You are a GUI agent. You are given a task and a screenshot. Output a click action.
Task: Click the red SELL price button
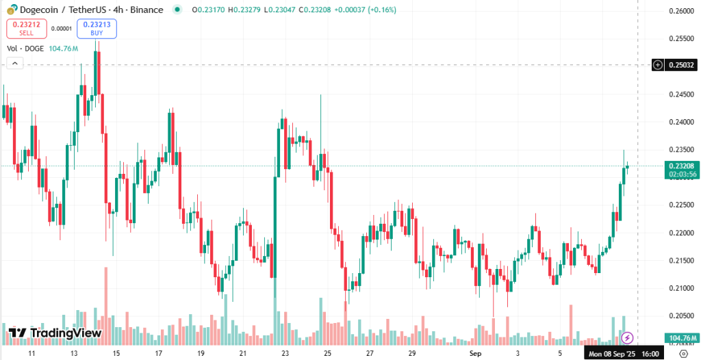tap(26, 28)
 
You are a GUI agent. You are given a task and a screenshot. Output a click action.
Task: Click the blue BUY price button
tap(97, 28)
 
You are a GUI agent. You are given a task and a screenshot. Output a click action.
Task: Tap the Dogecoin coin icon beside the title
tap(12, 10)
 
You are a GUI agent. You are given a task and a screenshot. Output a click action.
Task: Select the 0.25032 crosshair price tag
tap(682, 65)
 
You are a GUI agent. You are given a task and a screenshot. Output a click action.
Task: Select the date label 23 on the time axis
tap(285, 353)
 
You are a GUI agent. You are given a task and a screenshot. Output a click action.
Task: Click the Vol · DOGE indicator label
tap(25, 49)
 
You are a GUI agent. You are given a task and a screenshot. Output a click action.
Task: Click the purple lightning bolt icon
tap(627, 337)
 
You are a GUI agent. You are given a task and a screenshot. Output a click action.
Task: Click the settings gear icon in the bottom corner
tap(682, 353)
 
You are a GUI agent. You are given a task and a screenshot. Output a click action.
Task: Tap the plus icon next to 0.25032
tap(658, 65)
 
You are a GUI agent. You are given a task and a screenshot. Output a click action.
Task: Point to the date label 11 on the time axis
tap(31, 353)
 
